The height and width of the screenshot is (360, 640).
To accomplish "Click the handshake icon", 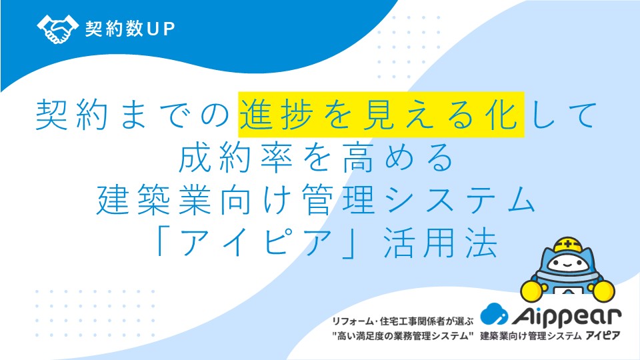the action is [57, 29].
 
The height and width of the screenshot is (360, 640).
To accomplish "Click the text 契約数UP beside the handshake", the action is [130, 29].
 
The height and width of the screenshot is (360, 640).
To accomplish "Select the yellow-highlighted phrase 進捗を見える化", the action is [381, 115].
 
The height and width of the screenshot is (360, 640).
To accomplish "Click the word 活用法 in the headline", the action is [441, 244].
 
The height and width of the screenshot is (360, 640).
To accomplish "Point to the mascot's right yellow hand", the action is [603, 291].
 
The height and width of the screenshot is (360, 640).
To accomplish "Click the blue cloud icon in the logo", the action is [493, 313].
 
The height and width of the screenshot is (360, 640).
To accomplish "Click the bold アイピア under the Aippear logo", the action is [603, 336].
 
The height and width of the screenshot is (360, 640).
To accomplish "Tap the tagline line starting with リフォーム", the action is [403, 321].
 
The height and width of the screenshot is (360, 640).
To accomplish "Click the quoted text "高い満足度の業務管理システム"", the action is [403, 336].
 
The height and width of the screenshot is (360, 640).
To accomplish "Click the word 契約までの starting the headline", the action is [133, 115].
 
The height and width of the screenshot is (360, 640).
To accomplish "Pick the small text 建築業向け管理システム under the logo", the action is [531, 336].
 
